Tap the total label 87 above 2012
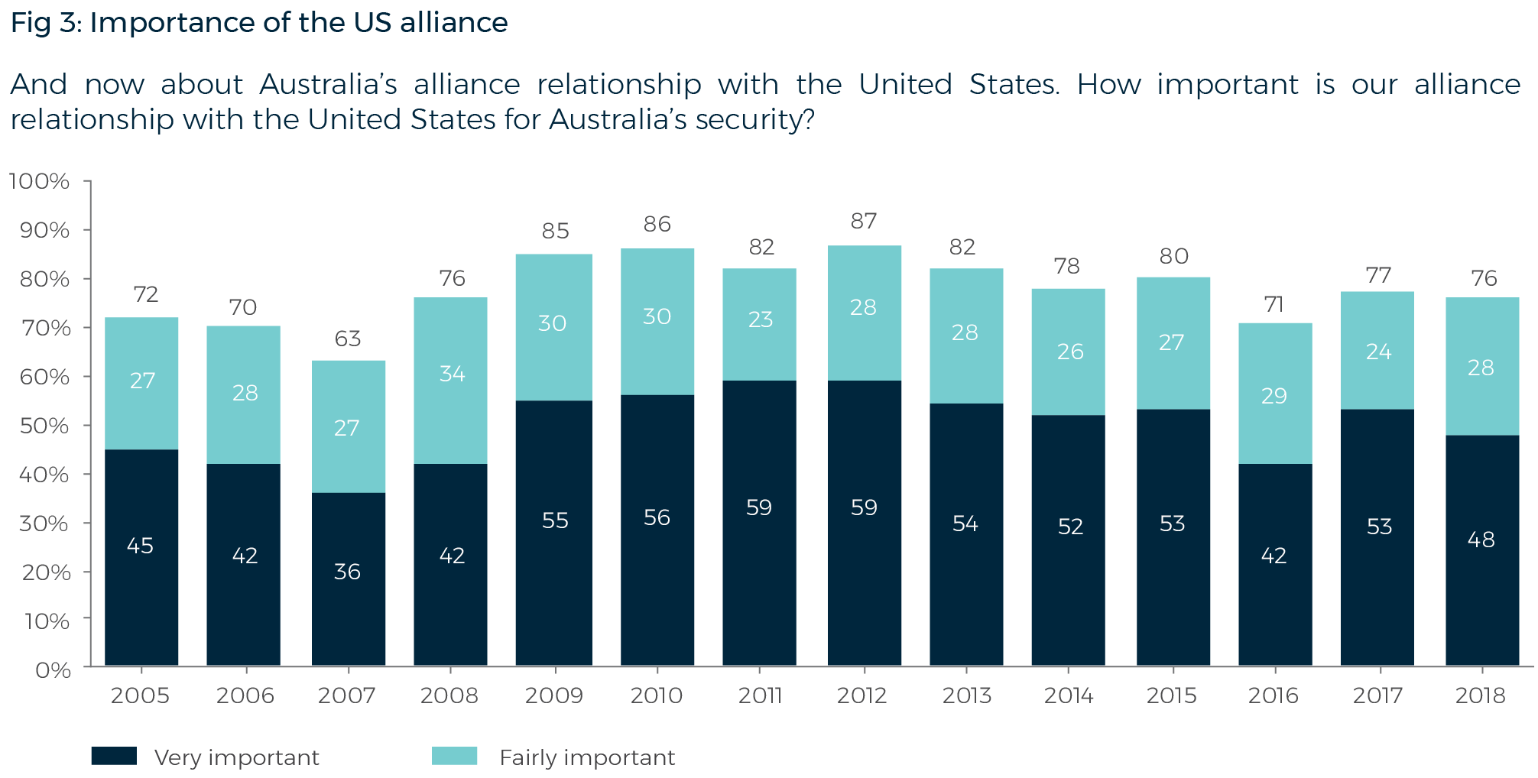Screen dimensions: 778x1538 pyautogui.click(x=864, y=222)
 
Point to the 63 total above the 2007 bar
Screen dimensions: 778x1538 pyautogui.click(x=348, y=339)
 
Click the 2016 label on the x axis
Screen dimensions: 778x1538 pyautogui.click(x=1274, y=695)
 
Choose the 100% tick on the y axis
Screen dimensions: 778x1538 pyautogui.click(x=39, y=181)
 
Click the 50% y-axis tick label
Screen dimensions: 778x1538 pyautogui.click(x=44, y=426)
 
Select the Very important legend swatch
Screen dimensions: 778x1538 pyautogui.click(x=114, y=757)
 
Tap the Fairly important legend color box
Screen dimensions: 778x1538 pyautogui.click(x=455, y=757)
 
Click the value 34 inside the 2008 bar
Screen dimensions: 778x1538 pyautogui.click(x=452, y=374)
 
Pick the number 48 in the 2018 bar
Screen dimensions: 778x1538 pyautogui.click(x=1481, y=540)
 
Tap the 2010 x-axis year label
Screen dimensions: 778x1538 pyautogui.click(x=657, y=695)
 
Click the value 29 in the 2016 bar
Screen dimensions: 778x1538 pyautogui.click(x=1274, y=396)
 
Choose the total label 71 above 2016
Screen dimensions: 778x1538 pyautogui.click(x=1274, y=304)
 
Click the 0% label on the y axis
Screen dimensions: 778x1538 pyautogui.click(x=53, y=670)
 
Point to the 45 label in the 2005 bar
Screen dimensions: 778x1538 pyautogui.click(x=140, y=546)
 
